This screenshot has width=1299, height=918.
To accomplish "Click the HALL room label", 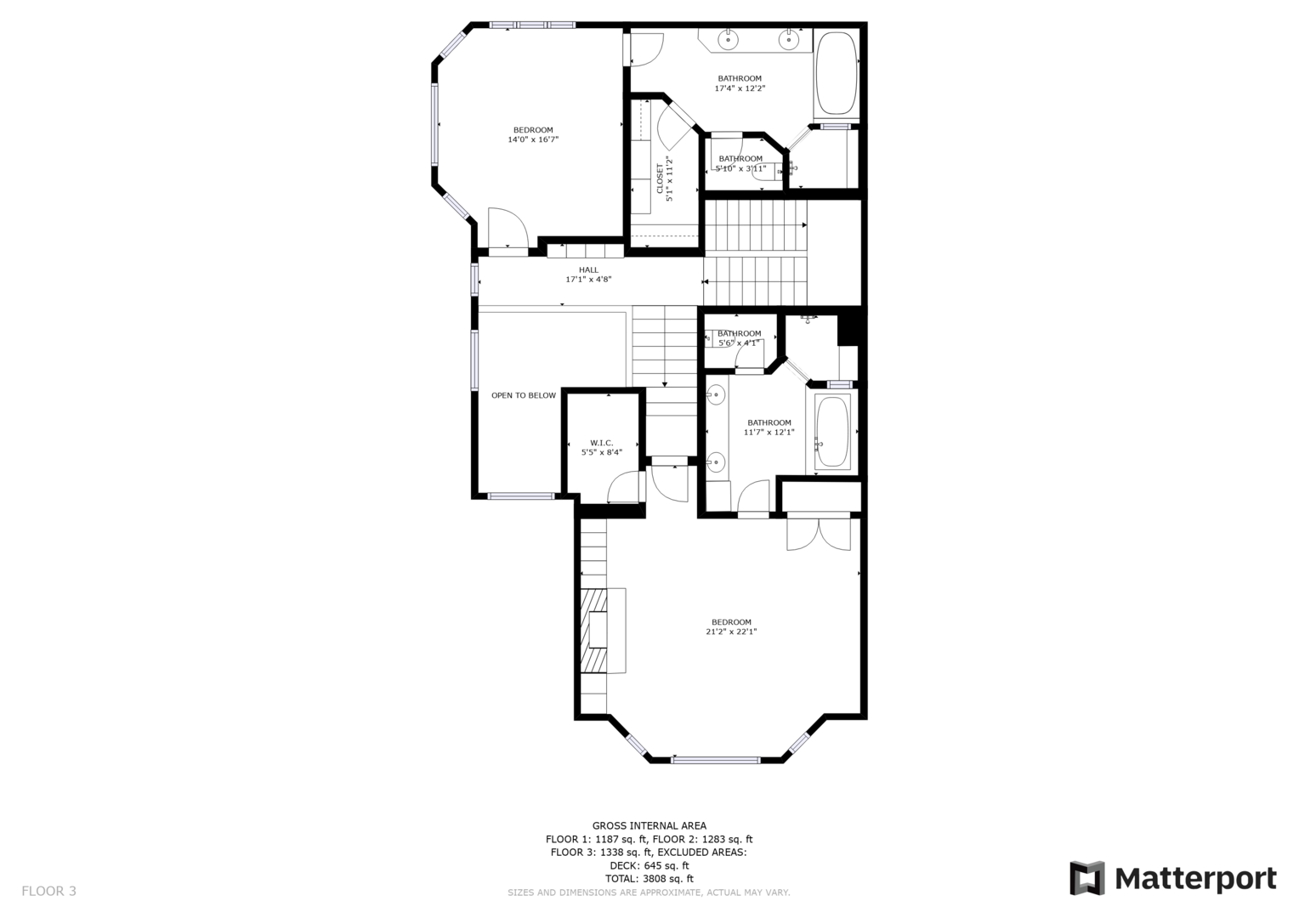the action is [588, 269].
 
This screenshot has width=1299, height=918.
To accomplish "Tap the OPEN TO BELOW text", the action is [524, 395].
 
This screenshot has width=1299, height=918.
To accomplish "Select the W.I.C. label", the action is [601, 443].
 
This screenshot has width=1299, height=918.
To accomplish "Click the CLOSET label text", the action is [660, 178].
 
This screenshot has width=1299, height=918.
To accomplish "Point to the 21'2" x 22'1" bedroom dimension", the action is [731, 632].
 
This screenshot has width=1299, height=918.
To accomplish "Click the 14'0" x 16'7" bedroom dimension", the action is [533, 139].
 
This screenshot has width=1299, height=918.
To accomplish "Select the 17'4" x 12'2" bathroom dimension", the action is [740, 88].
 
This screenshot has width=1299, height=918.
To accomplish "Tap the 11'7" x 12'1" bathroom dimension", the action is [769, 432].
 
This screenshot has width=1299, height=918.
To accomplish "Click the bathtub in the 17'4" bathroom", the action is [836, 72].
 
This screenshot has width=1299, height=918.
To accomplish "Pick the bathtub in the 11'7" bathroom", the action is [832, 432].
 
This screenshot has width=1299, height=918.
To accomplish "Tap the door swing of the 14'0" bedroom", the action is [508, 228].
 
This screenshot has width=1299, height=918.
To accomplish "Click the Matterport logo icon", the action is [1087, 878].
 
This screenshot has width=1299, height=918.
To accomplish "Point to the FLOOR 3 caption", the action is [48, 891].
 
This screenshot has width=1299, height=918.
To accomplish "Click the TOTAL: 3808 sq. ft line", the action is [649, 879].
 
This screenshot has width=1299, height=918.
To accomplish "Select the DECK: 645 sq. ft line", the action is [649, 865].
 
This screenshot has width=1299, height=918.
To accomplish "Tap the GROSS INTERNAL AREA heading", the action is [649, 825].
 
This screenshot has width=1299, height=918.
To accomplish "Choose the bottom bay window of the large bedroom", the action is [716, 760].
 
